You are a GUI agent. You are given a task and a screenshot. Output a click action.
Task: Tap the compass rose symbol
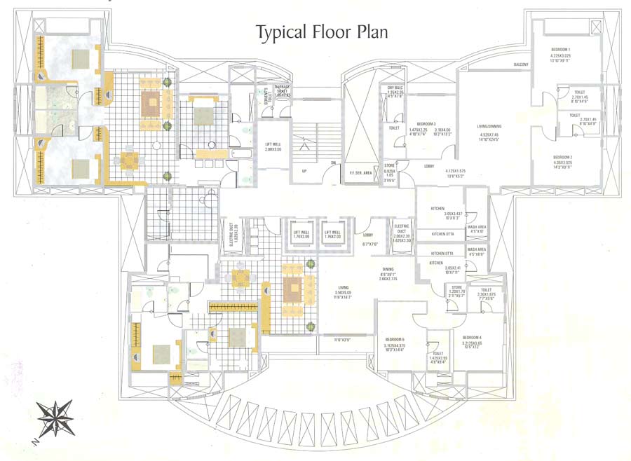pyautogui.click(x=55, y=418)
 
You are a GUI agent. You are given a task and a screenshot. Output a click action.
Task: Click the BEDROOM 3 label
pyautogui.click(x=426, y=123)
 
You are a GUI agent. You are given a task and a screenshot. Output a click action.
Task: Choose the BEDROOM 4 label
pyautogui.click(x=470, y=338)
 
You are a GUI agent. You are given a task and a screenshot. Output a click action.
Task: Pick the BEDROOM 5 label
pyautogui.click(x=394, y=339)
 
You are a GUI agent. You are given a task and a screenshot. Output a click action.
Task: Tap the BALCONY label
pyautogui.click(x=521, y=64)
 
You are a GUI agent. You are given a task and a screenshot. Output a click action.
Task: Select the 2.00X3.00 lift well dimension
pyautogui.click(x=272, y=149)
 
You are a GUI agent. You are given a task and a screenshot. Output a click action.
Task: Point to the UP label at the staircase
pyautogui.click(x=304, y=170)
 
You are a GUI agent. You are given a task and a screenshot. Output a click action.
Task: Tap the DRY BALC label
pyautogui.click(x=395, y=87)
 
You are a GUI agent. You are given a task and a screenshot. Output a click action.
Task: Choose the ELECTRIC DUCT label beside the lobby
pyautogui.click(x=402, y=227)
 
